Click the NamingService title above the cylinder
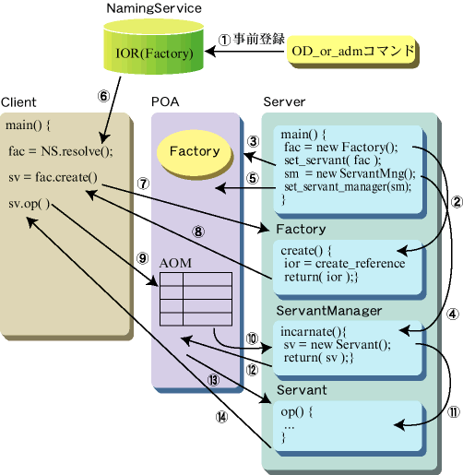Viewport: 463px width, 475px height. tap(154, 8)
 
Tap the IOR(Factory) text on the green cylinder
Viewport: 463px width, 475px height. tap(154, 53)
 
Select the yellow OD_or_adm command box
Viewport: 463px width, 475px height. tap(351, 51)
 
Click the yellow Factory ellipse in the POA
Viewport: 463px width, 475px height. tap(194, 152)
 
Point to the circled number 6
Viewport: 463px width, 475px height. tap(103, 96)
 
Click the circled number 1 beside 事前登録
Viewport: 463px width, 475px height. tap(224, 40)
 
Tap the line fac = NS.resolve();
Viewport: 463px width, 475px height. tap(61, 151)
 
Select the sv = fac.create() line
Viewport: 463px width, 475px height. tap(53, 177)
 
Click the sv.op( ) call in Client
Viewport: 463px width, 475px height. tap(29, 204)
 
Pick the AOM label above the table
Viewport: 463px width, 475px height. tap(175, 263)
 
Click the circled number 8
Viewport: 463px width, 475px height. tap(198, 232)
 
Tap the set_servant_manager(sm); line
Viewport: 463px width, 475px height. tap(348, 186)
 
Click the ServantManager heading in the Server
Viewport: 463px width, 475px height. tap(329, 311)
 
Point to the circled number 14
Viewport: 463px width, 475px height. tap(221, 417)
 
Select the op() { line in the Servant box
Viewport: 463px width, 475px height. tap(297, 411)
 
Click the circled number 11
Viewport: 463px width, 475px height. tap(454, 412)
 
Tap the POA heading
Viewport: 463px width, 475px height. tap(165, 101)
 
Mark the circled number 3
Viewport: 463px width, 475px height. tap(253, 141)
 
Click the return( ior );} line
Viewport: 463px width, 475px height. tap(321, 277)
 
